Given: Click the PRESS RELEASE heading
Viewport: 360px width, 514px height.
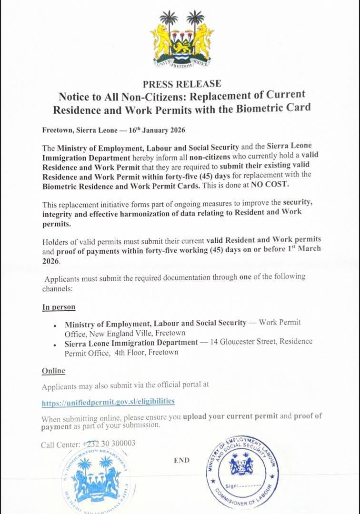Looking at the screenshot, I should (182, 84).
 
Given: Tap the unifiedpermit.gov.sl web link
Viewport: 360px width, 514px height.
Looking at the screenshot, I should (108, 402).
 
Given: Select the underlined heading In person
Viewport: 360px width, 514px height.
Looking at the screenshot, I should (59, 307).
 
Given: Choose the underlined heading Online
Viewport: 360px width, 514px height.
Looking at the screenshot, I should (53, 370).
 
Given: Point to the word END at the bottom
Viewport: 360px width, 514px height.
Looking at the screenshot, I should (181, 460).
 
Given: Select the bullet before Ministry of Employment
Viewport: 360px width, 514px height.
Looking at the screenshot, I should (56, 325).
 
